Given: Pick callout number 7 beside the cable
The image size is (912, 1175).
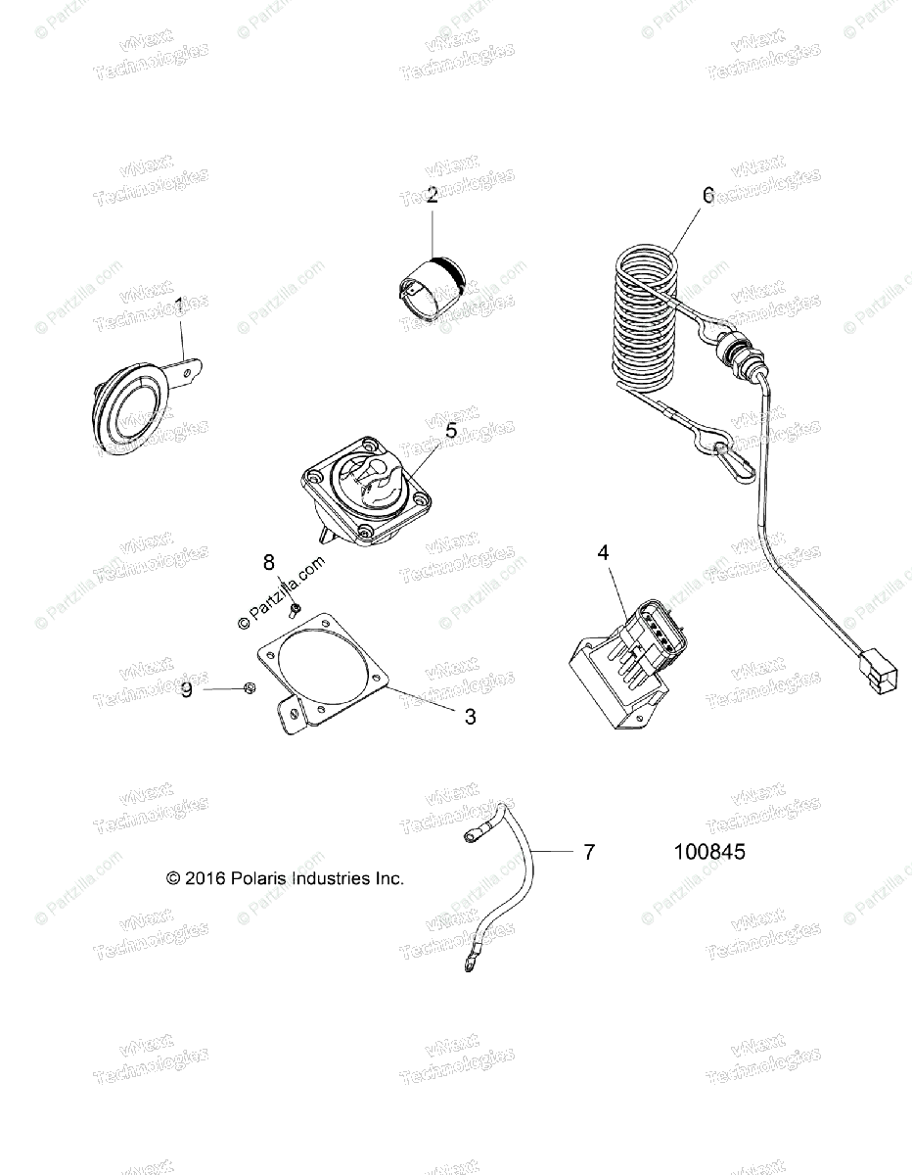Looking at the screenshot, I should (588, 853).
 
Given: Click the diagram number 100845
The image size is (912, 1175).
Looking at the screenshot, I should (709, 853).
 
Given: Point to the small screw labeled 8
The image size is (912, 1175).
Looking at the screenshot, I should (294, 612).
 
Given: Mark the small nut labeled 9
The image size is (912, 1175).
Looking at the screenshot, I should (250, 688).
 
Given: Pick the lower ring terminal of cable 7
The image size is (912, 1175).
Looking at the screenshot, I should (472, 965).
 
